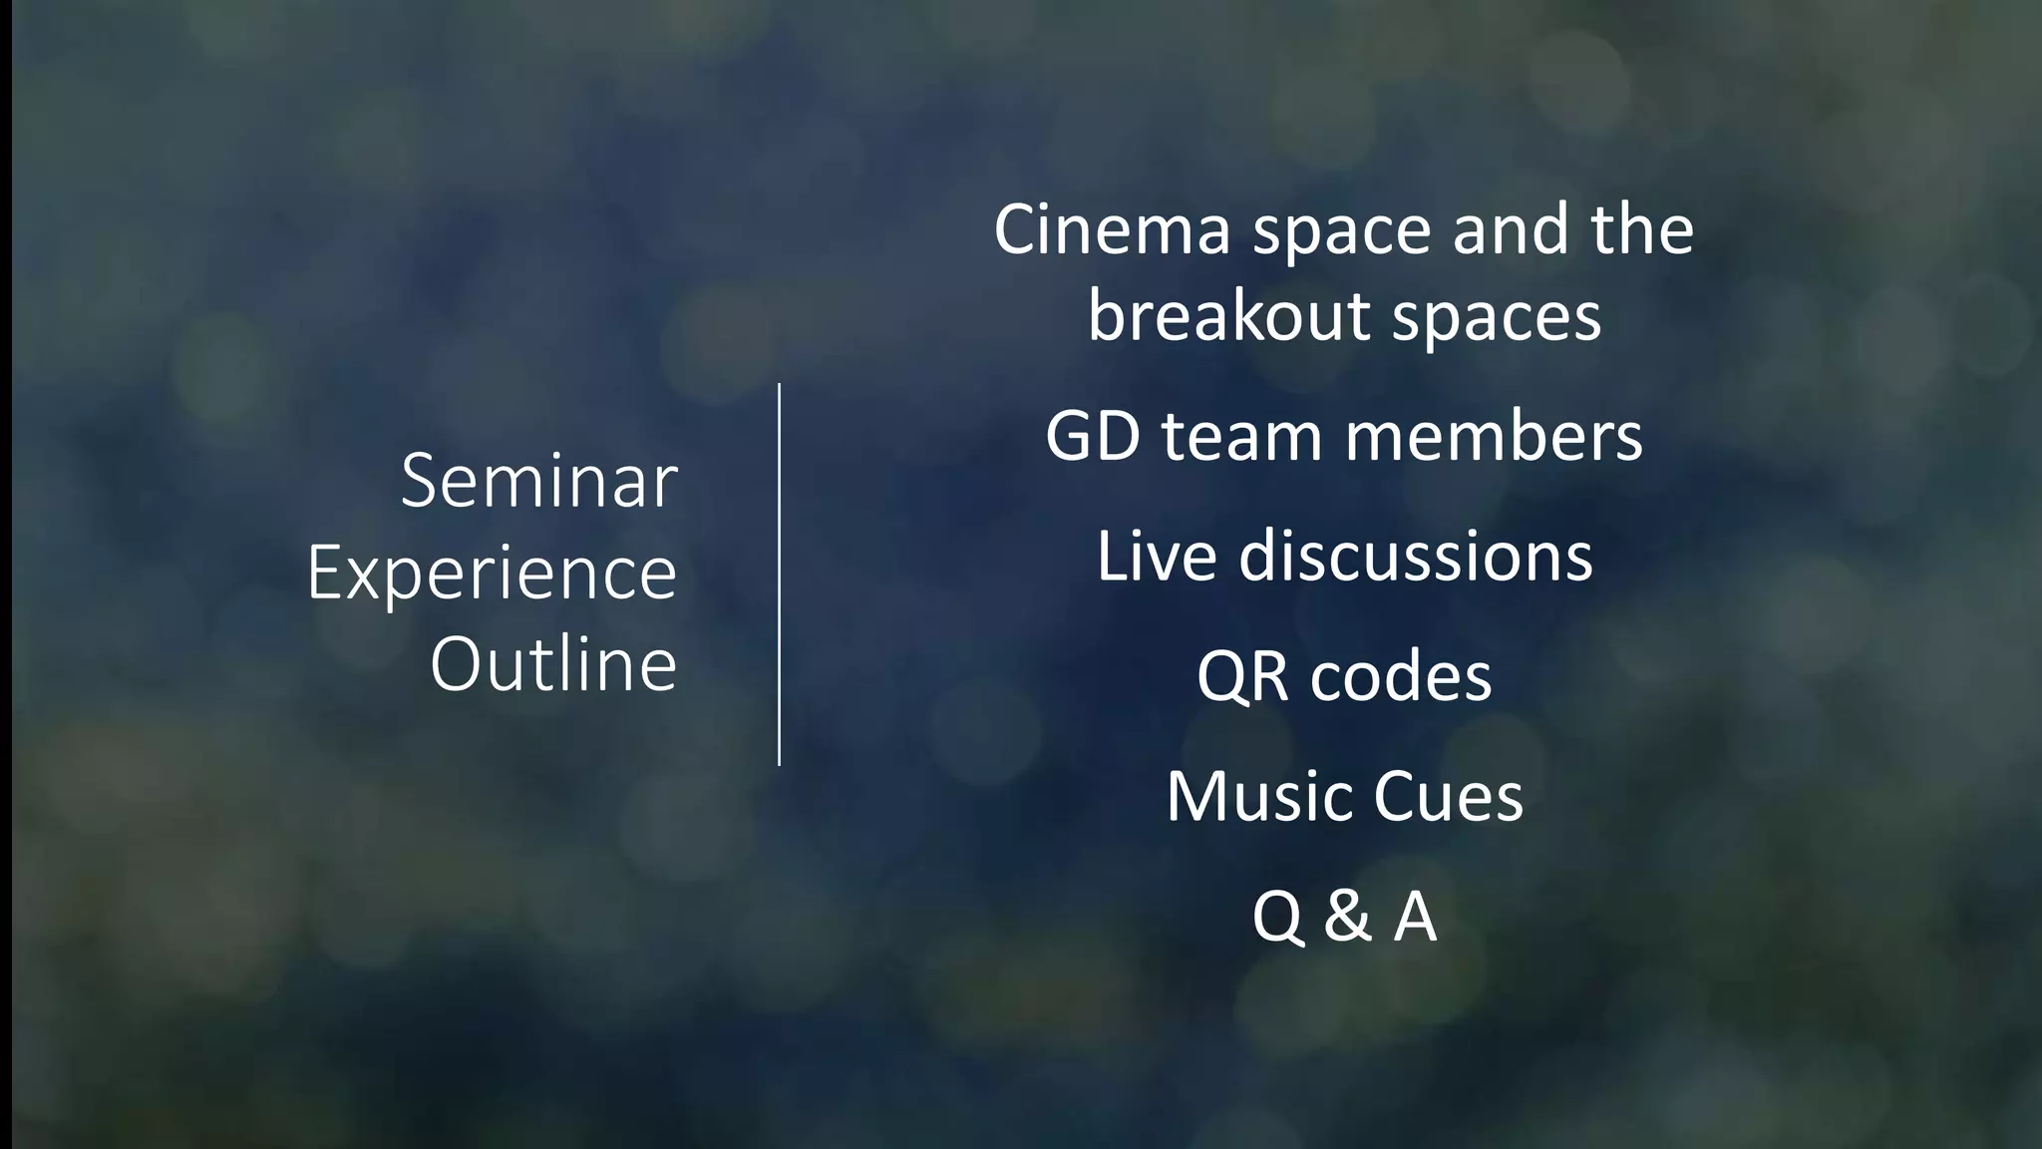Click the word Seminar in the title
pos(538,482)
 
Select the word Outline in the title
pos(553,665)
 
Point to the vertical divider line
pos(779,574)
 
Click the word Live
pos(1156,557)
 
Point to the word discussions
pos(1415,557)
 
